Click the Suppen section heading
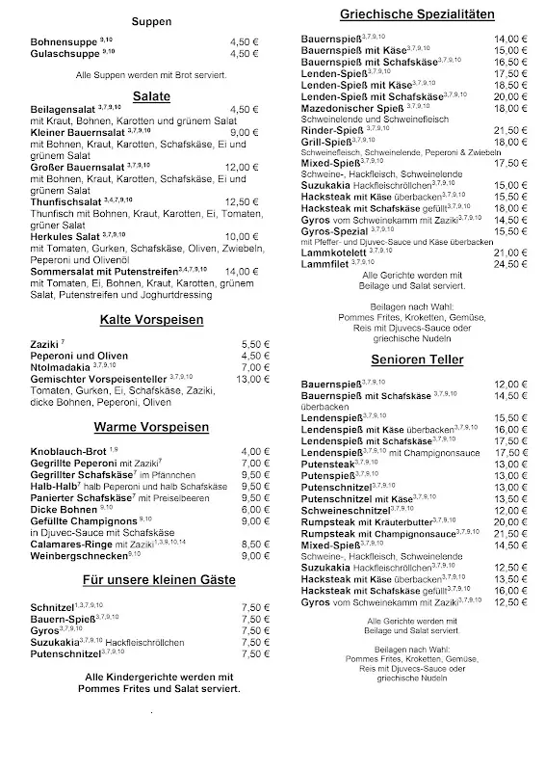tap(153, 20)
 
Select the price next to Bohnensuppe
tap(245, 41)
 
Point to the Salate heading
tap(152, 96)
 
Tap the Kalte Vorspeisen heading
tap(151, 318)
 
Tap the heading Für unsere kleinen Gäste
tap(153, 579)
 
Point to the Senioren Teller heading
tap(416, 359)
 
